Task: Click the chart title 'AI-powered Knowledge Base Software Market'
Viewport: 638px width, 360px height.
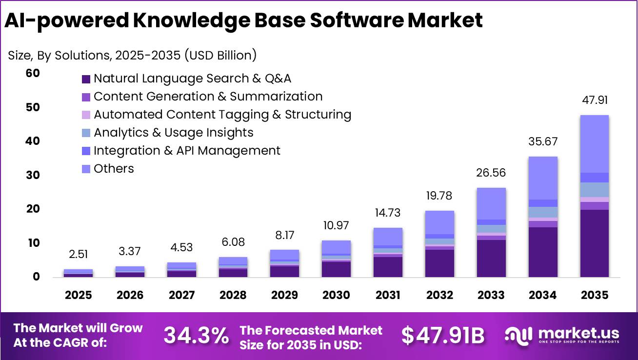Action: pos(243,20)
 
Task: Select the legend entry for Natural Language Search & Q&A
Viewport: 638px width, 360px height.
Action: pos(192,79)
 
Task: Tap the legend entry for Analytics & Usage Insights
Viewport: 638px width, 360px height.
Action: pos(173,133)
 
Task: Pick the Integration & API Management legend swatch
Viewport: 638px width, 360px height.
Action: pos(86,151)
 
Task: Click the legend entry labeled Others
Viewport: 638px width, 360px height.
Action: pos(113,169)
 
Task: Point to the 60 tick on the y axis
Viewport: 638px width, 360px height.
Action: pos(33,73)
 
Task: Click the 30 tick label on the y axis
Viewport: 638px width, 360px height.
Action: pos(33,175)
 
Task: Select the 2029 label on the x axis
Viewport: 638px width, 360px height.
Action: pos(284,295)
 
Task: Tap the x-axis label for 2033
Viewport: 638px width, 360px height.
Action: pos(491,295)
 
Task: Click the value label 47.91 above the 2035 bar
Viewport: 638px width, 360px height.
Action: pos(595,100)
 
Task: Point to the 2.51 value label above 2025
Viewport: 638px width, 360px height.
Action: pos(78,255)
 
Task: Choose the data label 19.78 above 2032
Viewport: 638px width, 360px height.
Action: pos(439,196)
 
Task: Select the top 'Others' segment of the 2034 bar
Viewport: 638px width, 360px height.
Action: pos(543,178)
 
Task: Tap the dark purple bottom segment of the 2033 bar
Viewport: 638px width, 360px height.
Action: pos(491,258)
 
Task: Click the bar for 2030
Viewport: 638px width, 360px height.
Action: pos(336,259)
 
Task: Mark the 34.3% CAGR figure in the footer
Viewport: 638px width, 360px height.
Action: pos(196,336)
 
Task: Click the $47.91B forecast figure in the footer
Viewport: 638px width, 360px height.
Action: pos(443,336)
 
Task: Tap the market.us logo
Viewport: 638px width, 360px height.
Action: pos(561,335)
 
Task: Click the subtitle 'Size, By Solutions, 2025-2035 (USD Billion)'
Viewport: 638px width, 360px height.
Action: pos(132,55)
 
